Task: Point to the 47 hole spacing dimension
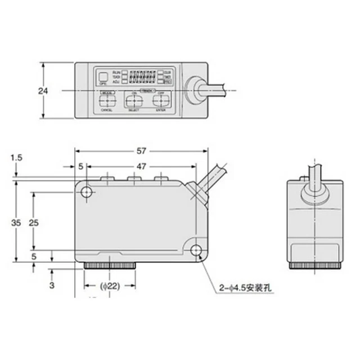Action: pyautogui.click(x=142, y=166)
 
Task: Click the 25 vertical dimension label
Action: pyautogui.click(x=34, y=223)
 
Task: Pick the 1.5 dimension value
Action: pyautogui.click(x=16, y=158)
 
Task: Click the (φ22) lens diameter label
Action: pyautogui.click(x=110, y=286)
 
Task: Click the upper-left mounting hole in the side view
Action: pyautogui.click(x=87, y=193)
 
